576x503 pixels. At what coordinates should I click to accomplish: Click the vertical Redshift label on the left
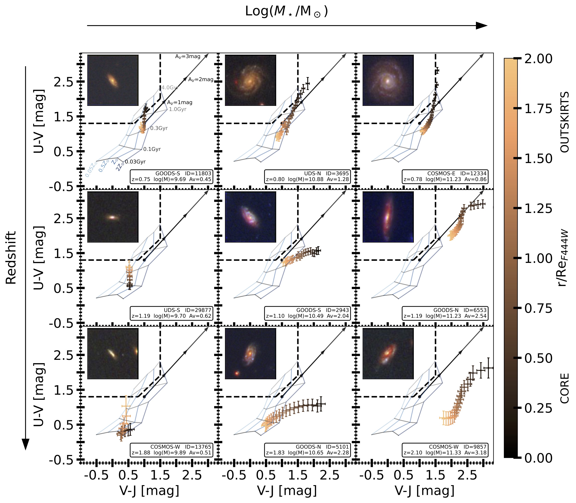[11, 258]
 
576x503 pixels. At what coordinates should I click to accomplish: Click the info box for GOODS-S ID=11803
[171, 177]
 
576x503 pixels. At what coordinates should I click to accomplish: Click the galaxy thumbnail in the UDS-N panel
[250, 80]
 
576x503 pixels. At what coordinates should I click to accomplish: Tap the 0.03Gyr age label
[135, 162]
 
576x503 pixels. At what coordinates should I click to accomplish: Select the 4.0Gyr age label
[170, 88]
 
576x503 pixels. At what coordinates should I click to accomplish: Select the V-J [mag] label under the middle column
[287, 491]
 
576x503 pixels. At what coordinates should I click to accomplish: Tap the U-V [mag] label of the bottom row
[39, 395]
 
